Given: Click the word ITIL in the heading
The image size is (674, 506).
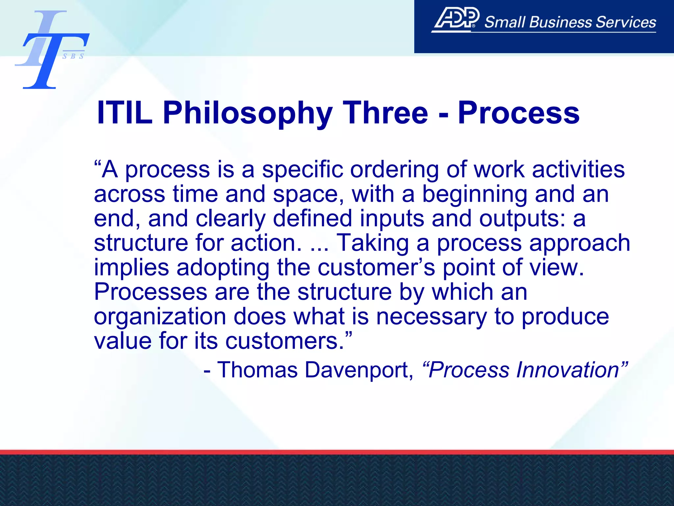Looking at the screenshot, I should click(x=125, y=113).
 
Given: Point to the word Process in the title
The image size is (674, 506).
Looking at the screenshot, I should click(x=519, y=113).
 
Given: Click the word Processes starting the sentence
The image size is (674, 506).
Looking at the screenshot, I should click(x=150, y=292).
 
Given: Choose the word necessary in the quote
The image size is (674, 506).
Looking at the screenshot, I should click(x=431, y=316).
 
